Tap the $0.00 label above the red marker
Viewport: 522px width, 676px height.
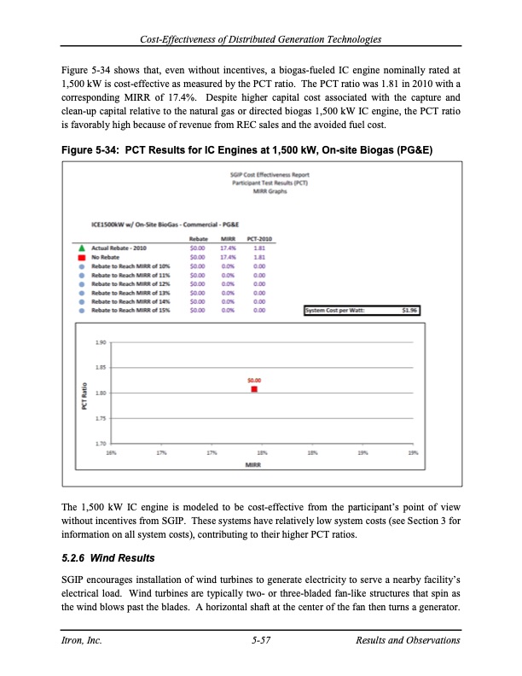pos(254,380)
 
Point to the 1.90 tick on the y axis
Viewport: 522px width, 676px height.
pos(101,344)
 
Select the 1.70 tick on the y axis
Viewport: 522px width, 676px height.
pos(101,442)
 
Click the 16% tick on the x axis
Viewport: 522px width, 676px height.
pos(112,452)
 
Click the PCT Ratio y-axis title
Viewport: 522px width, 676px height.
pos(84,393)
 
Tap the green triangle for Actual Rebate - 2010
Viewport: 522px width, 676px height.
pos(80,248)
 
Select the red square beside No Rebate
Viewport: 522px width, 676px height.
pos(80,256)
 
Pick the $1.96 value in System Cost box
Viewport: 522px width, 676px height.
pos(410,311)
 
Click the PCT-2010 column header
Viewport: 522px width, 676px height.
pos(258,240)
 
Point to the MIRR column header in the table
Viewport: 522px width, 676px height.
pos(228,240)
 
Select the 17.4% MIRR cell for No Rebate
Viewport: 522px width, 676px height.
pos(228,256)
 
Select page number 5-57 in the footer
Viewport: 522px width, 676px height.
pos(261,640)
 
